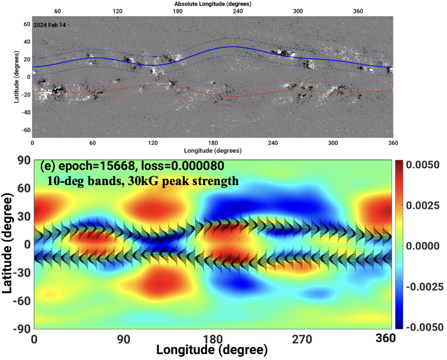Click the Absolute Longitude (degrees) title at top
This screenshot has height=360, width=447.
pos(212,3)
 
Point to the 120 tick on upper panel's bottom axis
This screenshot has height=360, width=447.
pos(153,143)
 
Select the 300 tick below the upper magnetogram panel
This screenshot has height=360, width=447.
pos(333,143)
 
